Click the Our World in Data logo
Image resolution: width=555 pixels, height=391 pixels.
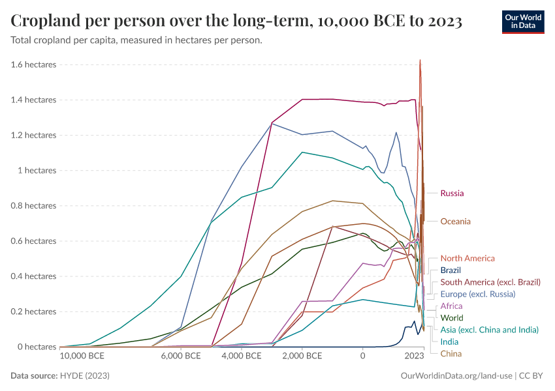point(522,21)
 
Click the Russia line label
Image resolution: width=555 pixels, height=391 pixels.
point(452,194)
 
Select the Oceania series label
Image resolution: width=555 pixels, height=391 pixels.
point(455,222)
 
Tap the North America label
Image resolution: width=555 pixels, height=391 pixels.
point(468,259)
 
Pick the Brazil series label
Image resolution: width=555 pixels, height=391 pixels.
point(451,270)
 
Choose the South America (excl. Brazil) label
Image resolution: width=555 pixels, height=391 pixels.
point(490,282)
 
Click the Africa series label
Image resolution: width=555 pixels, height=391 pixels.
point(451,306)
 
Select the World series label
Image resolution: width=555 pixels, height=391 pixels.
point(452,318)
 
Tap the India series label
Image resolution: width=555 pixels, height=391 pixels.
point(449,341)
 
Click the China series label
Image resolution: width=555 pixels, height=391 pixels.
point(451,354)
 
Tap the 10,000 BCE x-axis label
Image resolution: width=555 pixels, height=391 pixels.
point(82,356)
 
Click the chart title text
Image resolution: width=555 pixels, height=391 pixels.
point(236,22)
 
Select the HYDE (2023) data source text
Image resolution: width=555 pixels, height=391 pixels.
point(85,376)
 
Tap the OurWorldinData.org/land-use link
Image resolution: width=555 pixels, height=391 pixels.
point(455,376)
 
